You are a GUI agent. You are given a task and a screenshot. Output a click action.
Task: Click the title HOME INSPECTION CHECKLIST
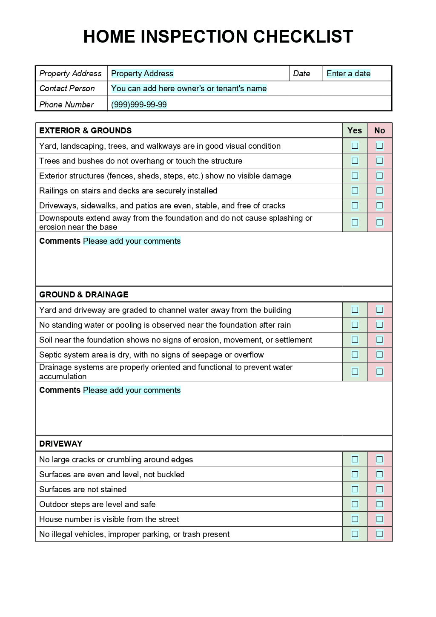218,37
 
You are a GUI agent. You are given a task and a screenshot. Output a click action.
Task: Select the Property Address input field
142,74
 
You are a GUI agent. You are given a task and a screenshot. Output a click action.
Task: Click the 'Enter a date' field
348,74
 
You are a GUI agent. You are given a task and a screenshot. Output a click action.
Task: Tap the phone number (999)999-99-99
139,104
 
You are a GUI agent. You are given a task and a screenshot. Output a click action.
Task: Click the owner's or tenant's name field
189,89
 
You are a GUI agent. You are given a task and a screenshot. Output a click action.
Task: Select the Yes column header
355,130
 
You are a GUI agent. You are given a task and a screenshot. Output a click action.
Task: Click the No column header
379,130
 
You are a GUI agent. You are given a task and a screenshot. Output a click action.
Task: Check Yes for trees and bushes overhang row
355,161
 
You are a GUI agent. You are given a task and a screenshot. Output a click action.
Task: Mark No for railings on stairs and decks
379,190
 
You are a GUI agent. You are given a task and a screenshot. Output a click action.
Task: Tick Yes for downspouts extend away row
355,222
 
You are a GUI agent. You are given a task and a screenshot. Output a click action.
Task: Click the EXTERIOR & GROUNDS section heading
86,130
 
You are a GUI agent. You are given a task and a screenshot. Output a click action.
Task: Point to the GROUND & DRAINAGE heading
84,294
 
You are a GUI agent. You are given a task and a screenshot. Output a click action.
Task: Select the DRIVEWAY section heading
61,444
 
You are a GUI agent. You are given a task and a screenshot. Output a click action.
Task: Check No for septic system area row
379,355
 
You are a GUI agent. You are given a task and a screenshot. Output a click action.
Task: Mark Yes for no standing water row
355,325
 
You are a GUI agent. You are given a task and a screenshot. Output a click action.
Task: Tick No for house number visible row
379,519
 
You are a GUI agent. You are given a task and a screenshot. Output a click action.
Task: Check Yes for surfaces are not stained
355,489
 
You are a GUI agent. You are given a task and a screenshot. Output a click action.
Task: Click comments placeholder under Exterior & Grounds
132,241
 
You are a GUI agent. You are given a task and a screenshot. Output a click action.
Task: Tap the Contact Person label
67,89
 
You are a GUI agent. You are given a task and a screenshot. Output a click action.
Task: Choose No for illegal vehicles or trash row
379,534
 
